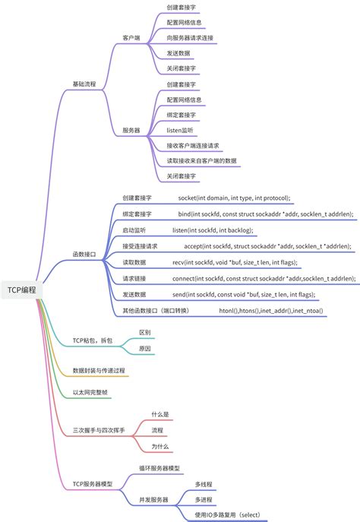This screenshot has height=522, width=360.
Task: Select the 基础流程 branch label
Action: point(84,83)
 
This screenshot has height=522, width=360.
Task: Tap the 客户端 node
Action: point(132,36)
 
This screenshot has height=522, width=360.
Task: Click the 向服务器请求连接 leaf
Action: point(191,36)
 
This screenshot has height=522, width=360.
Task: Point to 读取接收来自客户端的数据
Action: point(201,160)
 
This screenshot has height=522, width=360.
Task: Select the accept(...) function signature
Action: point(267,246)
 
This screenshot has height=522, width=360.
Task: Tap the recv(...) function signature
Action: point(235,262)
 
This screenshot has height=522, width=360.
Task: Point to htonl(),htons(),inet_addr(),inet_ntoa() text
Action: point(270,310)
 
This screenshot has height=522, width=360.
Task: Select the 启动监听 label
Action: point(134,229)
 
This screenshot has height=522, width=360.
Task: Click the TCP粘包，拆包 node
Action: point(92,341)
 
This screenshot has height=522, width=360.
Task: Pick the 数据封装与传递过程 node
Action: point(99,370)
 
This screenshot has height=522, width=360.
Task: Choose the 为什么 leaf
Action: point(159,446)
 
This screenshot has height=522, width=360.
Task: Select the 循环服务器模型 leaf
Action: point(159,469)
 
